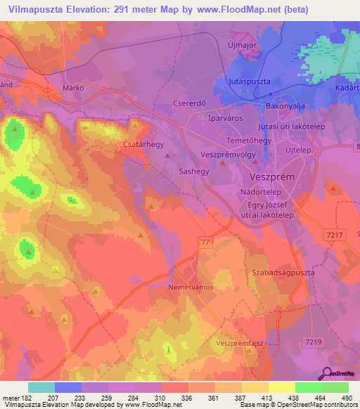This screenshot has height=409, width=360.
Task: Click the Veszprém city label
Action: click(x=272, y=177)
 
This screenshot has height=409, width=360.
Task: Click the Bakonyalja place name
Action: click(x=285, y=106)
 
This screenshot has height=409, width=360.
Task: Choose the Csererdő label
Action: click(x=188, y=103)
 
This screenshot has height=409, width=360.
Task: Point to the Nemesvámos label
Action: click(x=191, y=287)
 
